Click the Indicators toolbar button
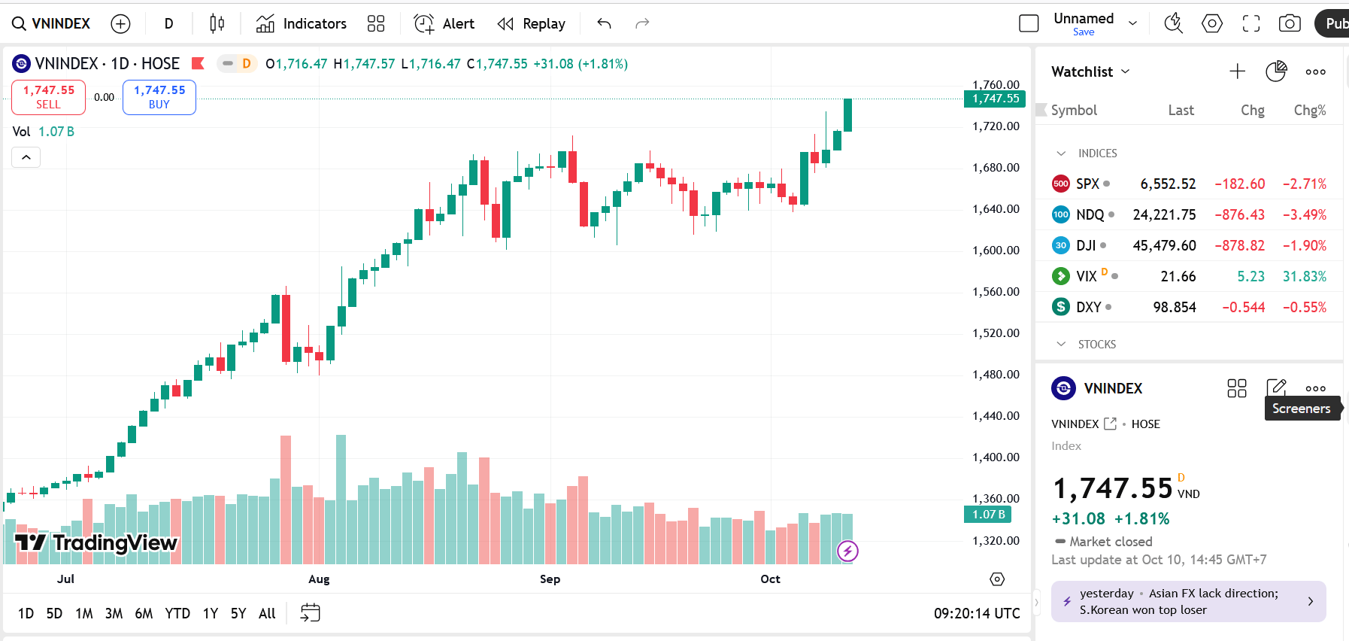(302, 24)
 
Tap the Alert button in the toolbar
(444, 24)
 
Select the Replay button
(532, 24)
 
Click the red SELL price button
(49, 97)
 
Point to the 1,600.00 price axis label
(996, 251)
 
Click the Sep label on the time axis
(550, 579)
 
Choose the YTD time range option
(177, 614)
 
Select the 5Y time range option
(238, 614)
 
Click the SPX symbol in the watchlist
(1087, 184)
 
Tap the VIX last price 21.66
(1178, 277)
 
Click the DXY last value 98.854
(1174, 308)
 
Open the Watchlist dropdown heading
(1090, 72)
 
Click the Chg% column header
(1309, 111)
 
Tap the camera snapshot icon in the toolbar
(1290, 24)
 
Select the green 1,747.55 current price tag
(996, 99)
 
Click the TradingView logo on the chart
(96, 542)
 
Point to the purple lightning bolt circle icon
(847, 551)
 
